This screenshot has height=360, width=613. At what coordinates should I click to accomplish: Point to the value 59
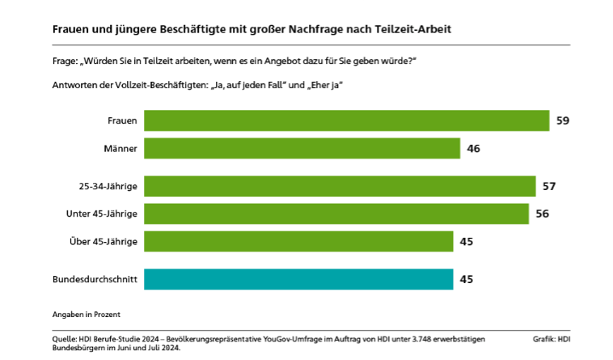click(564, 121)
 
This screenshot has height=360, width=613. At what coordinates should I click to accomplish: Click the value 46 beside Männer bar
click(474, 149)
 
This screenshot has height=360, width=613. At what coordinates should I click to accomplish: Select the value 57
click(549, 186)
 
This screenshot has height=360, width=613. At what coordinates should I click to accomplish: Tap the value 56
click(543, 214)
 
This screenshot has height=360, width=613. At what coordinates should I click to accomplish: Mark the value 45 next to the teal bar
click(466, 280)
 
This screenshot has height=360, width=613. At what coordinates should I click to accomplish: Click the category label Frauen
click(122, 121)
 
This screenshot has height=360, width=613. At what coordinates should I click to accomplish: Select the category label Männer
click(120, 149)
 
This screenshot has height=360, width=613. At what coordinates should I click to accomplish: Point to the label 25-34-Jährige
click(103, 187)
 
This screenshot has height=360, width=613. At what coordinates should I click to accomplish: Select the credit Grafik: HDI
click(552, 338)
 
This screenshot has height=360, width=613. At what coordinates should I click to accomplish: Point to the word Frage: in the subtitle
click(63, 62)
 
